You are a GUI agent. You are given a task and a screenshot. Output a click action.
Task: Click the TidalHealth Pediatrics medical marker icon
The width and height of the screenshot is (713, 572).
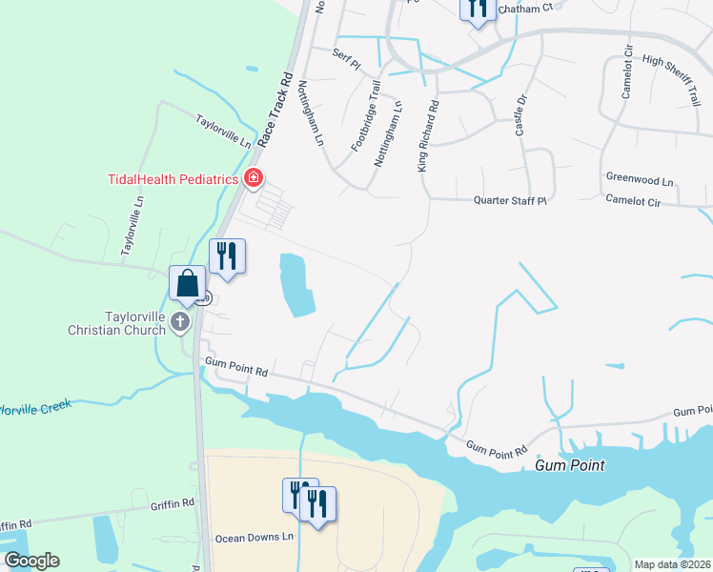(254, 177)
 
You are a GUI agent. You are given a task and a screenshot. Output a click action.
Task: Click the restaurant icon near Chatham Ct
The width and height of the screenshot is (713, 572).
(478, 8)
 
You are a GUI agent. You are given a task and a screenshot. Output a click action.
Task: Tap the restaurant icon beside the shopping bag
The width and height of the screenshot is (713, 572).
(227, 256)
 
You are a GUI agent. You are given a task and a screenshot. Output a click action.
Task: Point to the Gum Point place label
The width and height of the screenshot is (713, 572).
(570, 465)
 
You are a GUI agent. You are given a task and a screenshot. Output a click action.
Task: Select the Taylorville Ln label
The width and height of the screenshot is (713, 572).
(223, 130)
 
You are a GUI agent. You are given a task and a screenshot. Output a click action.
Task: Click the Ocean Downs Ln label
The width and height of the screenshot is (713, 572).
(254, 537)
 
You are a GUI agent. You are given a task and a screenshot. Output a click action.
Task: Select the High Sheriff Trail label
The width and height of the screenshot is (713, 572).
(670, 81)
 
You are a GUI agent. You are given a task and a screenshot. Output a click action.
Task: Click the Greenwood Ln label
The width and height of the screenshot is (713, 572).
(639, 179)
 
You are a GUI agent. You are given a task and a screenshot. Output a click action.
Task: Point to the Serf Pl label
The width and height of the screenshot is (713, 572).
(346, 59)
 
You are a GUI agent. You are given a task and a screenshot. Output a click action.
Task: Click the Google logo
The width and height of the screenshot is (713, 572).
(31, 561)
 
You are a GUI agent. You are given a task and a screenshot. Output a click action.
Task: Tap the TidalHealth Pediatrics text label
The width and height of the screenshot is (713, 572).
(173, 177)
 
